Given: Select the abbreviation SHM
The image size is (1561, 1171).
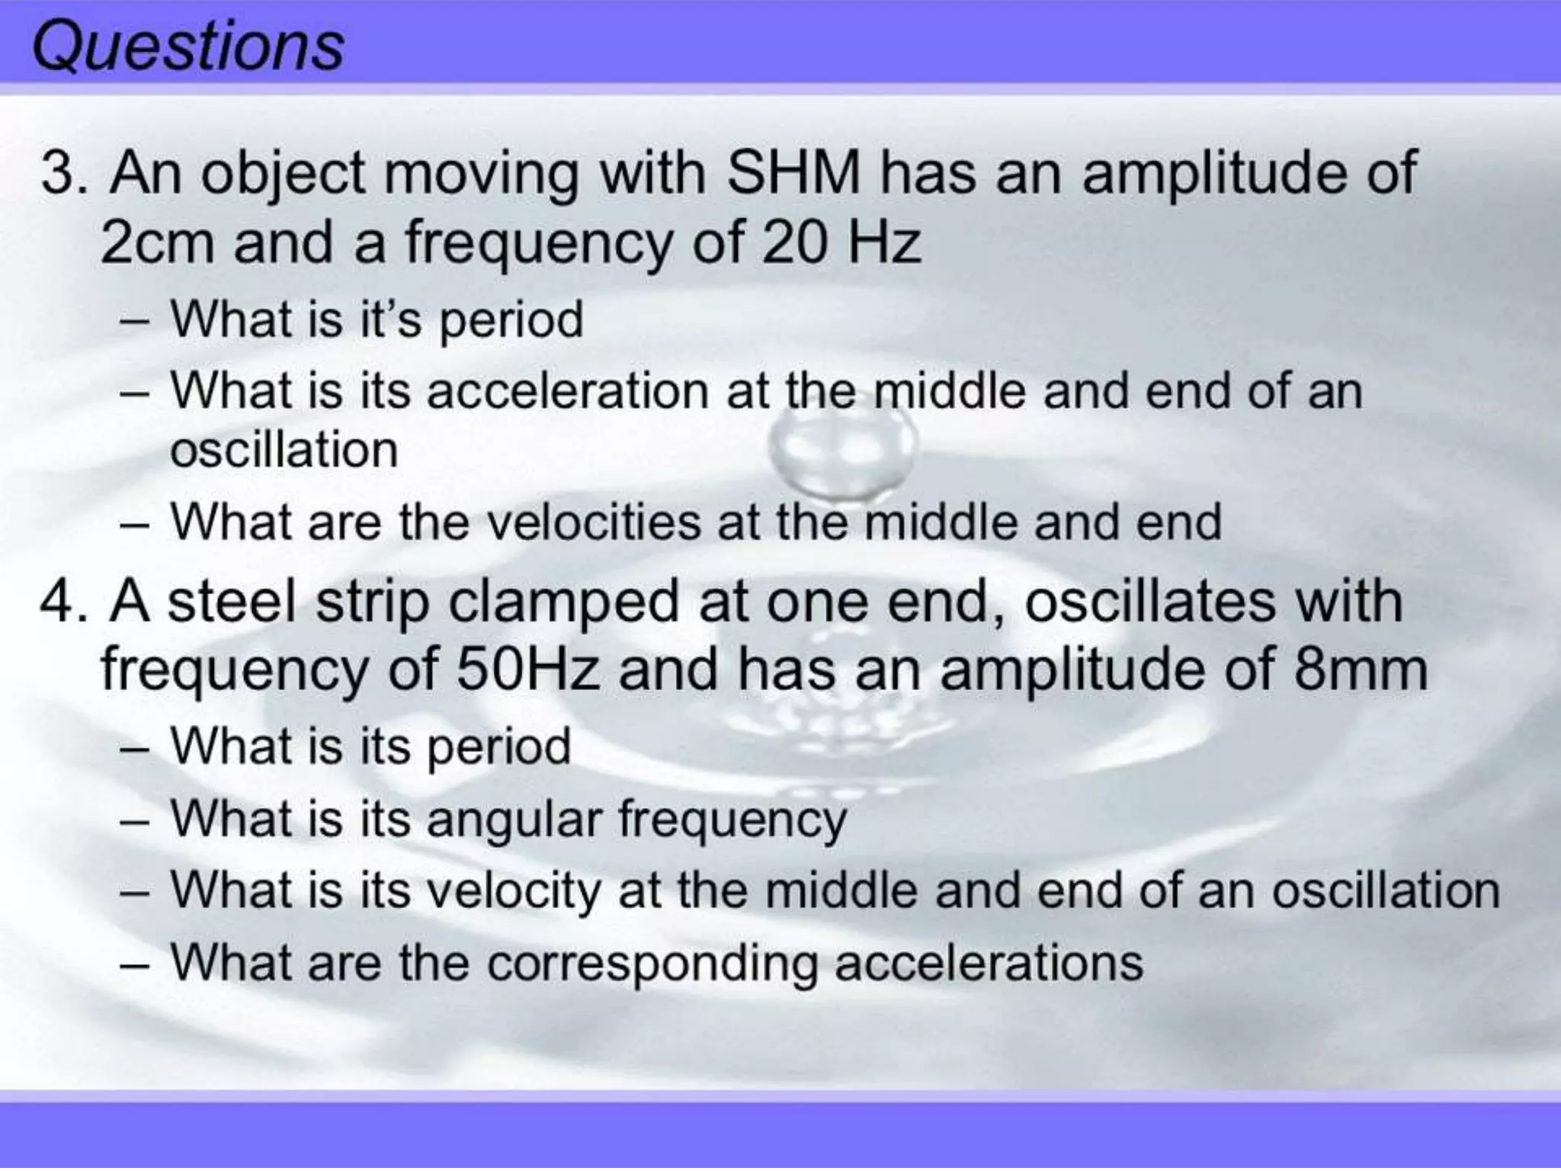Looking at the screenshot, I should (x=793, y=174).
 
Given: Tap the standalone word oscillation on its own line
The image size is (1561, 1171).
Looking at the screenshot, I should (x=284, y=450).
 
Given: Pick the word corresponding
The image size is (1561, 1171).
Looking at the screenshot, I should (x=652, y=962).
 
